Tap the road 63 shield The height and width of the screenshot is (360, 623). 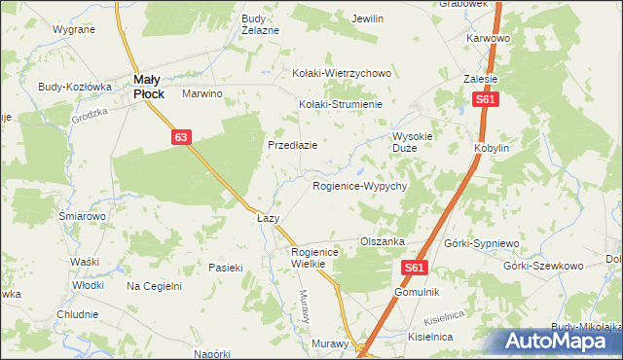tap(182, 138)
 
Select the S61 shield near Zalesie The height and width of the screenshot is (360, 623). tap(486, 100)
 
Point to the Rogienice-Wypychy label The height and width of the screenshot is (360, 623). tap(359, 185)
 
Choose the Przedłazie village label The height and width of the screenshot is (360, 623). tap(293, 145)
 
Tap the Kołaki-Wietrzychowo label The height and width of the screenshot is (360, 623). tap(342, 73)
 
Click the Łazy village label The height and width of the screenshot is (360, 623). tap(268, 219)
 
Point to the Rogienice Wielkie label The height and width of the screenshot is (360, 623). tap(313, 257)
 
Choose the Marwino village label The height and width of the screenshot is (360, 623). tap(203, 94)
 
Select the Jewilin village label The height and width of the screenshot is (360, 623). tap(368, 18)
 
